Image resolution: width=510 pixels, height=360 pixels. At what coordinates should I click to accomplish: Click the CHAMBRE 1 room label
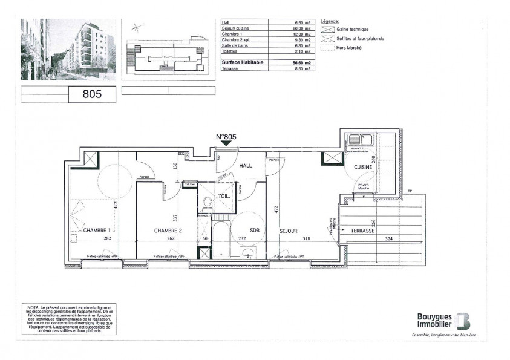97,230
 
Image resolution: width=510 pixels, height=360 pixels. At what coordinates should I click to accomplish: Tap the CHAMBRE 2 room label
168,230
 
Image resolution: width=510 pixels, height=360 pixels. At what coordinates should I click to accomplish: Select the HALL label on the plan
245,165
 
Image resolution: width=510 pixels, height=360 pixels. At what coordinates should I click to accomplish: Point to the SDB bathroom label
255,230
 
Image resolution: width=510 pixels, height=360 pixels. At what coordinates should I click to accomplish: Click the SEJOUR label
287,230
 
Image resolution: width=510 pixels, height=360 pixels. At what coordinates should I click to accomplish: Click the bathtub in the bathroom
220,239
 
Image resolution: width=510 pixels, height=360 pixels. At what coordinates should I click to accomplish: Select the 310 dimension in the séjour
307,239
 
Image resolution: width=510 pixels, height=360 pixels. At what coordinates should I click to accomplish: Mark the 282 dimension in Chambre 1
106,239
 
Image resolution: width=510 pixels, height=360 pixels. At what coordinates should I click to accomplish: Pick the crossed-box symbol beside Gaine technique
327,29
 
